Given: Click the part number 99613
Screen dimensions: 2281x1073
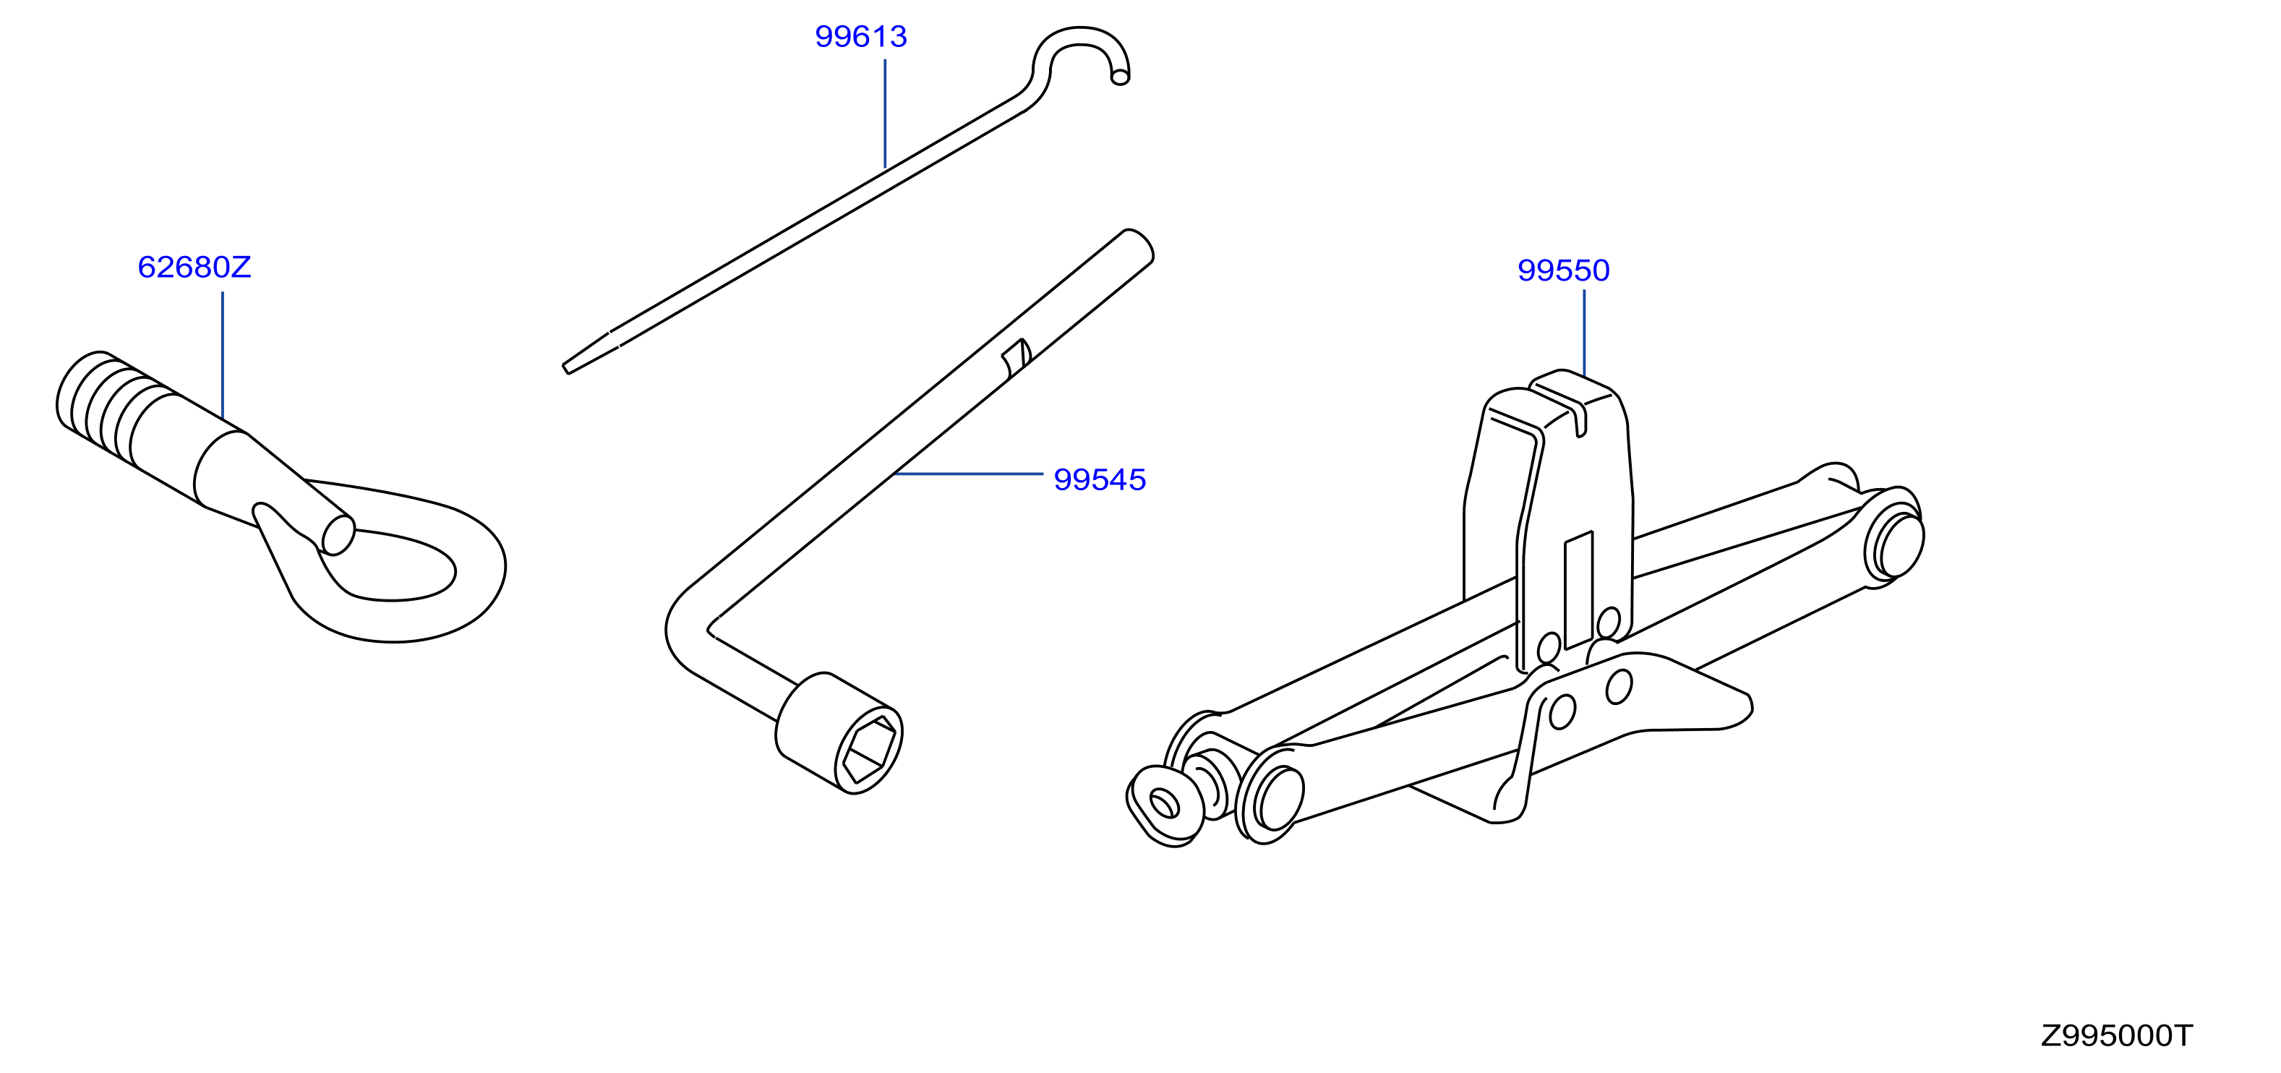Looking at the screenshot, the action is click(860, 36).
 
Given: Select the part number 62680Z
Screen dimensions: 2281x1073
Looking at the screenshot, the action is click(194, 268).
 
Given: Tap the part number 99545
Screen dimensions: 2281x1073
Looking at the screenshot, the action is click(1100, 480).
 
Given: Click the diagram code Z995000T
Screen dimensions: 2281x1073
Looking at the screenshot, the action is click(2116, 1036).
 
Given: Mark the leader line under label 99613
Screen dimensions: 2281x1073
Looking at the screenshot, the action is click(885, 114).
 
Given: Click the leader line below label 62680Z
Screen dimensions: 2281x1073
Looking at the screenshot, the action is click(222, 356).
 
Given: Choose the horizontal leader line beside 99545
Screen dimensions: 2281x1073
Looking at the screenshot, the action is click(969, 474).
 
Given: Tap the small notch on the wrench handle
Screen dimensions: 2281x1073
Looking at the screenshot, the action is click(1017, 358).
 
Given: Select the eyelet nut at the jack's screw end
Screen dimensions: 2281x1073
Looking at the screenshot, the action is click(1165, 805).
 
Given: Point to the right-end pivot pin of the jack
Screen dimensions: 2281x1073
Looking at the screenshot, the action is click(1896, 544).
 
